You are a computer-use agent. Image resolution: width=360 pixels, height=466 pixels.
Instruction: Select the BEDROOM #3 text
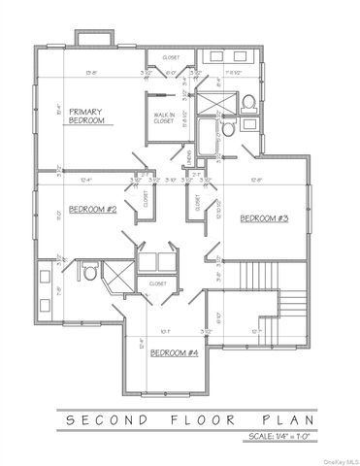tap(265, 217)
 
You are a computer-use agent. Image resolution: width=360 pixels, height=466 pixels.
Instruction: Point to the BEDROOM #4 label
tap(175, 353)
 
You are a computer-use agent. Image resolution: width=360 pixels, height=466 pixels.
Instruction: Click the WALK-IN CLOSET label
tap(164, 118)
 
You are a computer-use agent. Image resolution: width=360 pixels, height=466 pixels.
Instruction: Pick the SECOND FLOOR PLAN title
tap(184, 418)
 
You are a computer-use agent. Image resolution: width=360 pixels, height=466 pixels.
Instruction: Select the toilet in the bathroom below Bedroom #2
tap(90, 274)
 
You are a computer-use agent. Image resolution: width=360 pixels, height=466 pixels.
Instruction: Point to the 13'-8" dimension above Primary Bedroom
tap(91, 72)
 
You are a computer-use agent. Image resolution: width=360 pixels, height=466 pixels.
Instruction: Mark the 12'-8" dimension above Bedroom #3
tap(258, 179)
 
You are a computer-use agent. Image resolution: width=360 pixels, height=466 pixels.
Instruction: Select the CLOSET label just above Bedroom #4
tap(158, 283)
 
